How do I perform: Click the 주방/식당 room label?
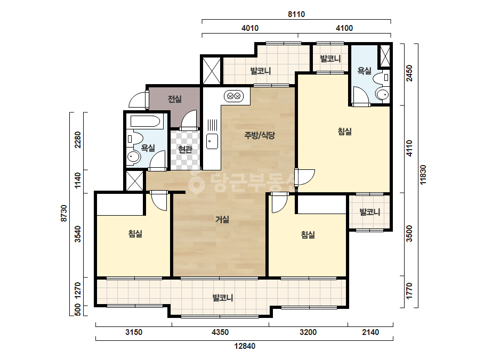point(260,135)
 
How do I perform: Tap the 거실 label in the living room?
point(222,219)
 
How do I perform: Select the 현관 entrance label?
point(185,149)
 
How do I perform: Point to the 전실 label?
point(175,99)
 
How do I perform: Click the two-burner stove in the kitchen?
point(234,96)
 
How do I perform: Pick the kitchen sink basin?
point(212,141)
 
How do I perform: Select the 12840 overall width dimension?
point(245,346)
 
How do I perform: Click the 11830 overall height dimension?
point(423,175)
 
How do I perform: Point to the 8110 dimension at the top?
point(296,14)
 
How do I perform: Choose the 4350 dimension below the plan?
point(220,332)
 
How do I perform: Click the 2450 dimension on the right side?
point(409,73)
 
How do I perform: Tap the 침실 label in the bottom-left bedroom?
point(135,234)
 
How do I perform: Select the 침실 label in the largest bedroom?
point(344,132)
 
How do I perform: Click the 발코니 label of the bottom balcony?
point(222,298)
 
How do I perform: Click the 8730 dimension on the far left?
point(63,213)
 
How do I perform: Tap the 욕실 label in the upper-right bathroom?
point(364,71)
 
